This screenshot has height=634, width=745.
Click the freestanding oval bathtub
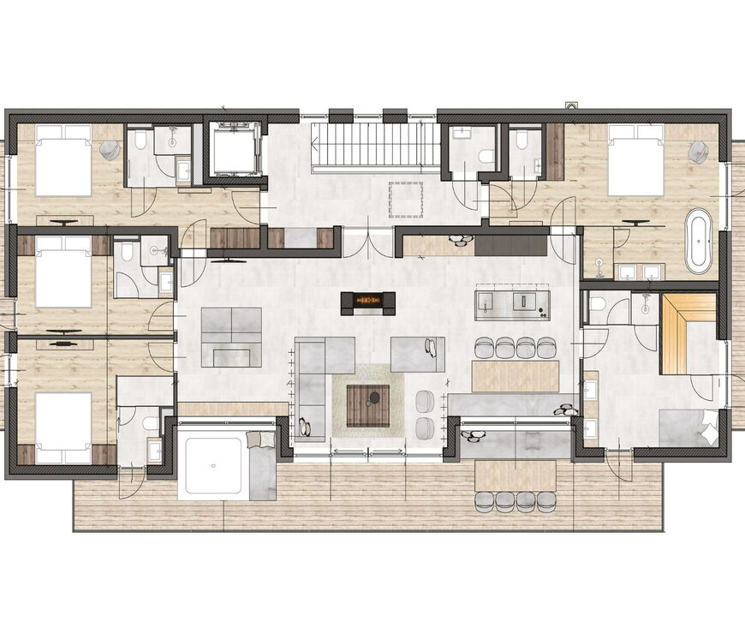tap(699, 241)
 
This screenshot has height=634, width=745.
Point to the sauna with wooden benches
tap(688, 333)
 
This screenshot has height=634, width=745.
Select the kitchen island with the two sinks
tap(513, 302)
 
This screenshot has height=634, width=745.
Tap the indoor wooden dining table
tap(515, 375)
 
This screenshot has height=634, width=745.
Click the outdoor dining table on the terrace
tap(515, 475)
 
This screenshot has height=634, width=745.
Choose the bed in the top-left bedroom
tap(63, 159)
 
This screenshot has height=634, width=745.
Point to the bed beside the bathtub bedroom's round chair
tap(635, 159)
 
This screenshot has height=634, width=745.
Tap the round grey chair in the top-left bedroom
tap(110, 151)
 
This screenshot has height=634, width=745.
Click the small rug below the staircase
tap(405, 199)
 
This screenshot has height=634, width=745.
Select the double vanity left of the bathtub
tap(640, 272)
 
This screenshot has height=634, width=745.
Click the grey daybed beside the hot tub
tap(262, 467)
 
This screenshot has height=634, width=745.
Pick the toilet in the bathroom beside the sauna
tap(598, 304)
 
